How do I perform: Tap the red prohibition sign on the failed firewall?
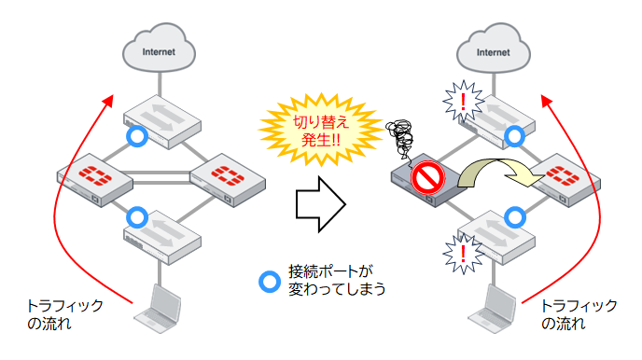point(426,176)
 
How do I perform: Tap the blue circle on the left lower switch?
point(137,218)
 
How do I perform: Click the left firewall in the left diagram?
point(93,175)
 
